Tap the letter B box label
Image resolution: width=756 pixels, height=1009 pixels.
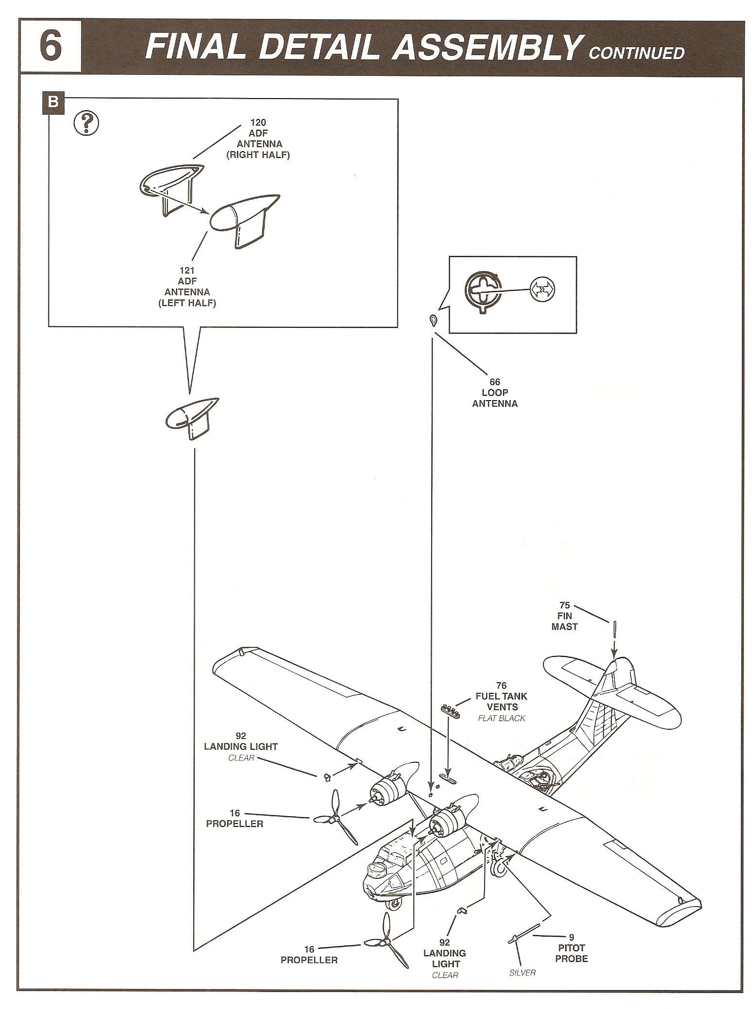click(x=53, y=102)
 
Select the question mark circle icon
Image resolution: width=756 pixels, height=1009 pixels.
click(x=86, y=124)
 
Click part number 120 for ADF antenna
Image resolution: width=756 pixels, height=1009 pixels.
click(x=258, y=123)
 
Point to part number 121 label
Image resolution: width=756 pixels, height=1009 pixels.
click(x=187, y=270)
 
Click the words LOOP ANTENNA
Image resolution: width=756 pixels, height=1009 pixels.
click(x=495, y=398)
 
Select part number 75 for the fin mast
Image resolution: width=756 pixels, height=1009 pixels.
click(x=564, y=605)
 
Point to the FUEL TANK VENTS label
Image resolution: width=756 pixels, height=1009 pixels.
click(x=502, y=701)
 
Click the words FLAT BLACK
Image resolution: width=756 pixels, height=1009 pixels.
click(x=502, y=718)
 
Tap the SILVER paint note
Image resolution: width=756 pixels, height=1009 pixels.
click(x=522, y=973)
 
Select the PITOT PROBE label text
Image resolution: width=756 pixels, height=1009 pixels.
click(x=571, y=953)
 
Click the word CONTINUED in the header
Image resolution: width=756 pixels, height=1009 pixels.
click(x=636, y=53)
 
